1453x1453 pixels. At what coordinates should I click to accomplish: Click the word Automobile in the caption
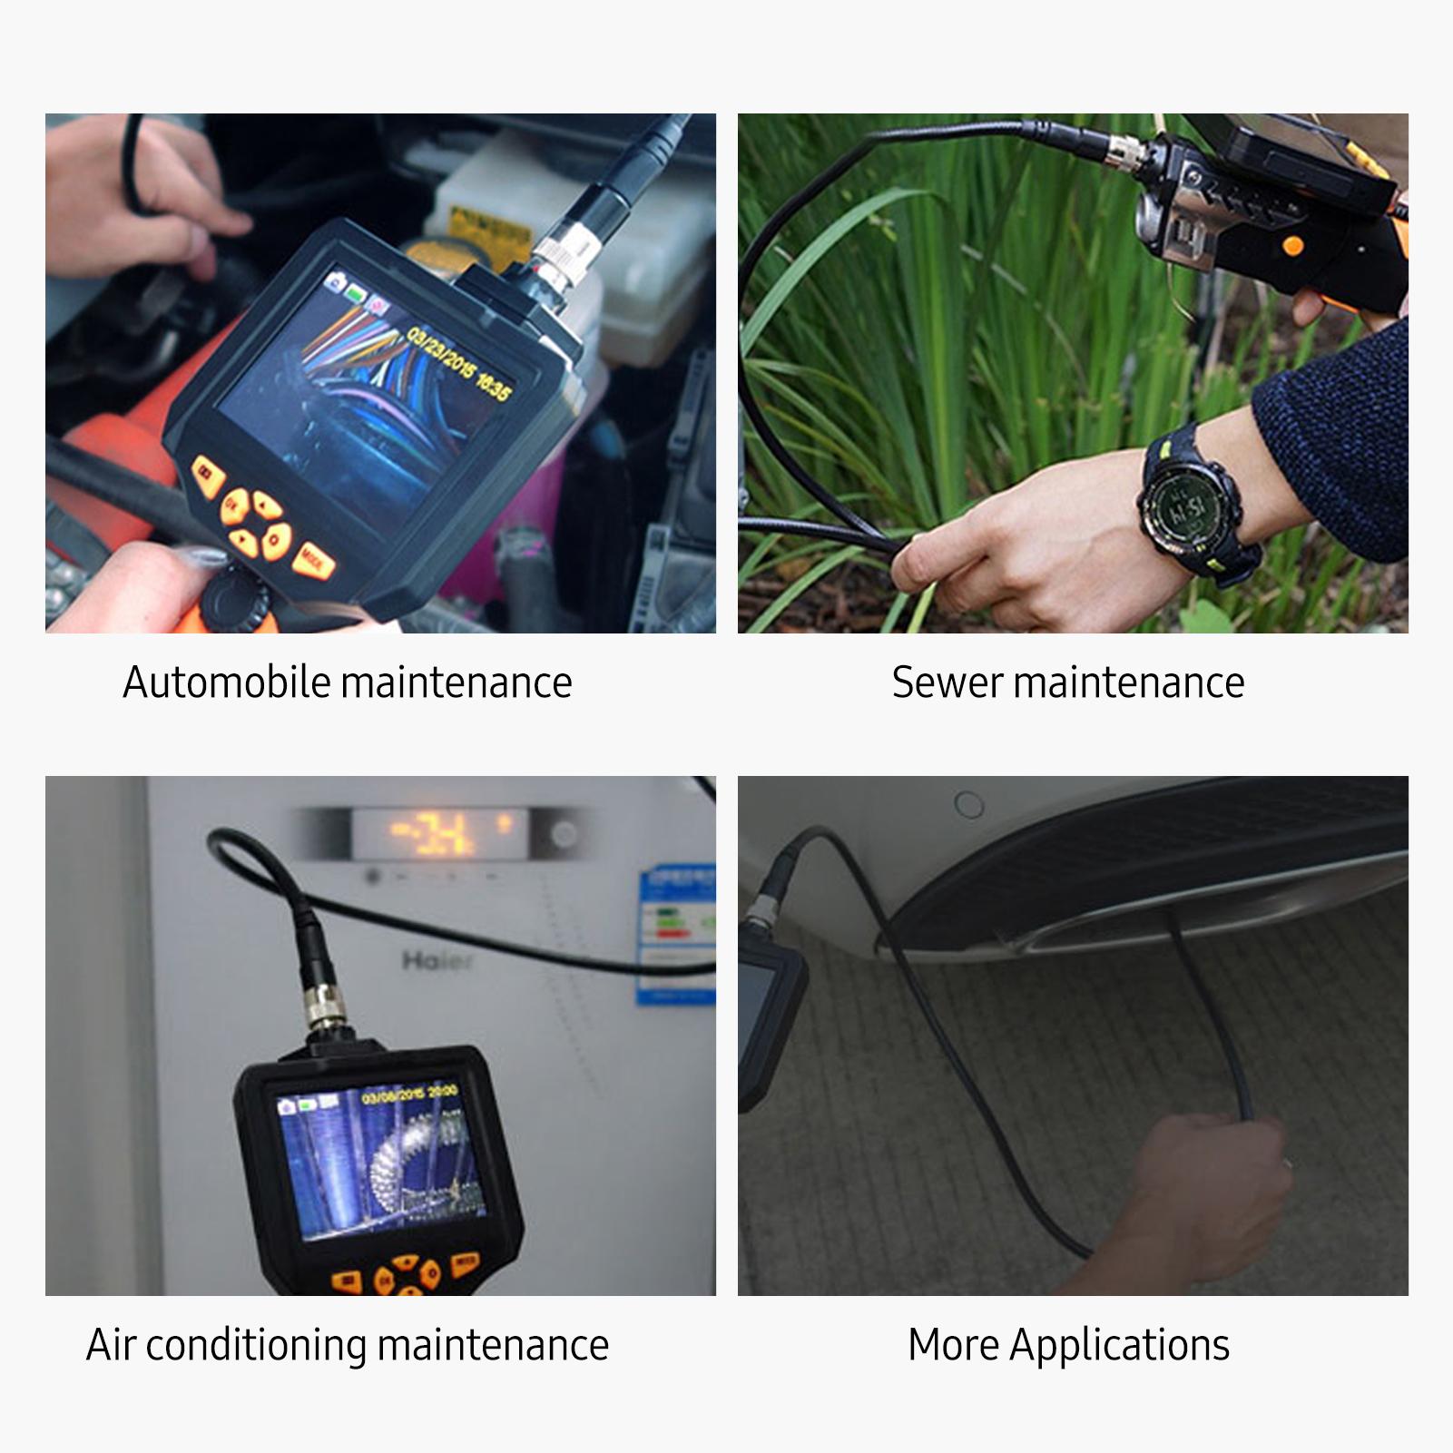tap(226, 682)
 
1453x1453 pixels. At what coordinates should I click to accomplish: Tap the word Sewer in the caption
tap(947, 682)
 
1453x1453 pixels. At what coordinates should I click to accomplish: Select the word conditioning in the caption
tap(257, 1345)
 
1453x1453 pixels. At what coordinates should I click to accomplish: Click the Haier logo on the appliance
tap(437, 960)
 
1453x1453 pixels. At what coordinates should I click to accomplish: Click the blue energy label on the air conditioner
tap(676, 935)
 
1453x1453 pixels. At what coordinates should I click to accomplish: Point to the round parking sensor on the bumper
tap(969, 804)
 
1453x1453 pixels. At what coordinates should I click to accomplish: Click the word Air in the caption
tap(111, 1345)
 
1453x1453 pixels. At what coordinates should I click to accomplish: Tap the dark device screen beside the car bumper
tap(757, 1016)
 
